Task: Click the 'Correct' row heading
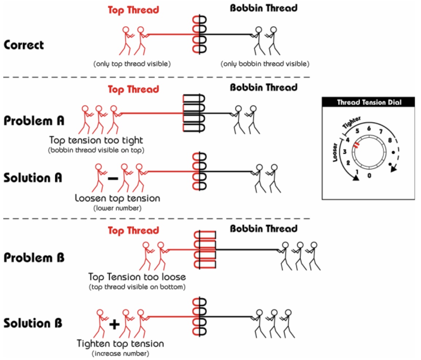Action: coord(24,45)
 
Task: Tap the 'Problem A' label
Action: coord(34,121)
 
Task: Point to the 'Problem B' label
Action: coord(34,257)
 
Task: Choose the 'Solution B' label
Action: coord(33,323)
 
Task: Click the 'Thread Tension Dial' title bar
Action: coord(368,102)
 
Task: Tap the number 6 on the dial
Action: coord(369,128)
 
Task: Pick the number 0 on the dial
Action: coord(369,176)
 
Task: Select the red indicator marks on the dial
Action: coord(356,145)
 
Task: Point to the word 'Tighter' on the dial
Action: coord(351,123)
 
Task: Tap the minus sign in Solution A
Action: coord(113,179)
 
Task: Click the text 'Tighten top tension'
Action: coord(120,344)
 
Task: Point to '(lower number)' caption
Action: coord(117,208)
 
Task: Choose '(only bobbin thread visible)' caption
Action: coord(265,64)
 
